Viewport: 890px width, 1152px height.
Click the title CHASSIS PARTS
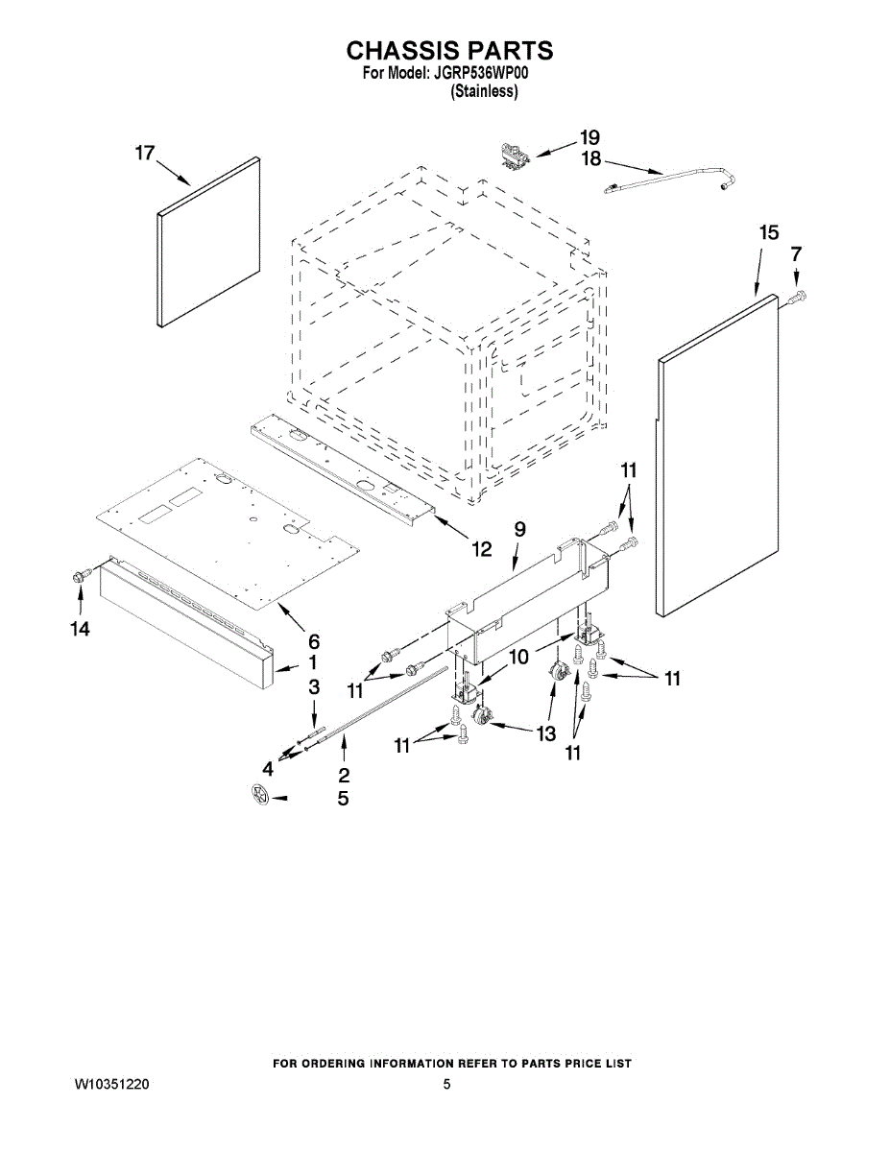448,51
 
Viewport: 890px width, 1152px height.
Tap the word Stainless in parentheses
485,92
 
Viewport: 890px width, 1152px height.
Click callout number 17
144,153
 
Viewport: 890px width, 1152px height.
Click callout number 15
769,232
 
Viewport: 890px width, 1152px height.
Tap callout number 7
795,254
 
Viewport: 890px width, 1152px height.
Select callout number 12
480,549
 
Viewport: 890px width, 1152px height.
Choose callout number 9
519,529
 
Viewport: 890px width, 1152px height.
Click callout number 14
79,629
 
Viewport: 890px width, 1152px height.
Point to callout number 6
314,641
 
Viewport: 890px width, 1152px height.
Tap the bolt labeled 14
81,575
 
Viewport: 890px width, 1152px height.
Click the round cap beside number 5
258,794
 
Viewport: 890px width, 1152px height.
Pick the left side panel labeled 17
208,242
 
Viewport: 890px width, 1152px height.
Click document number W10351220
111,1084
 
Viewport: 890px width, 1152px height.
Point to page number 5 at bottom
446,1084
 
